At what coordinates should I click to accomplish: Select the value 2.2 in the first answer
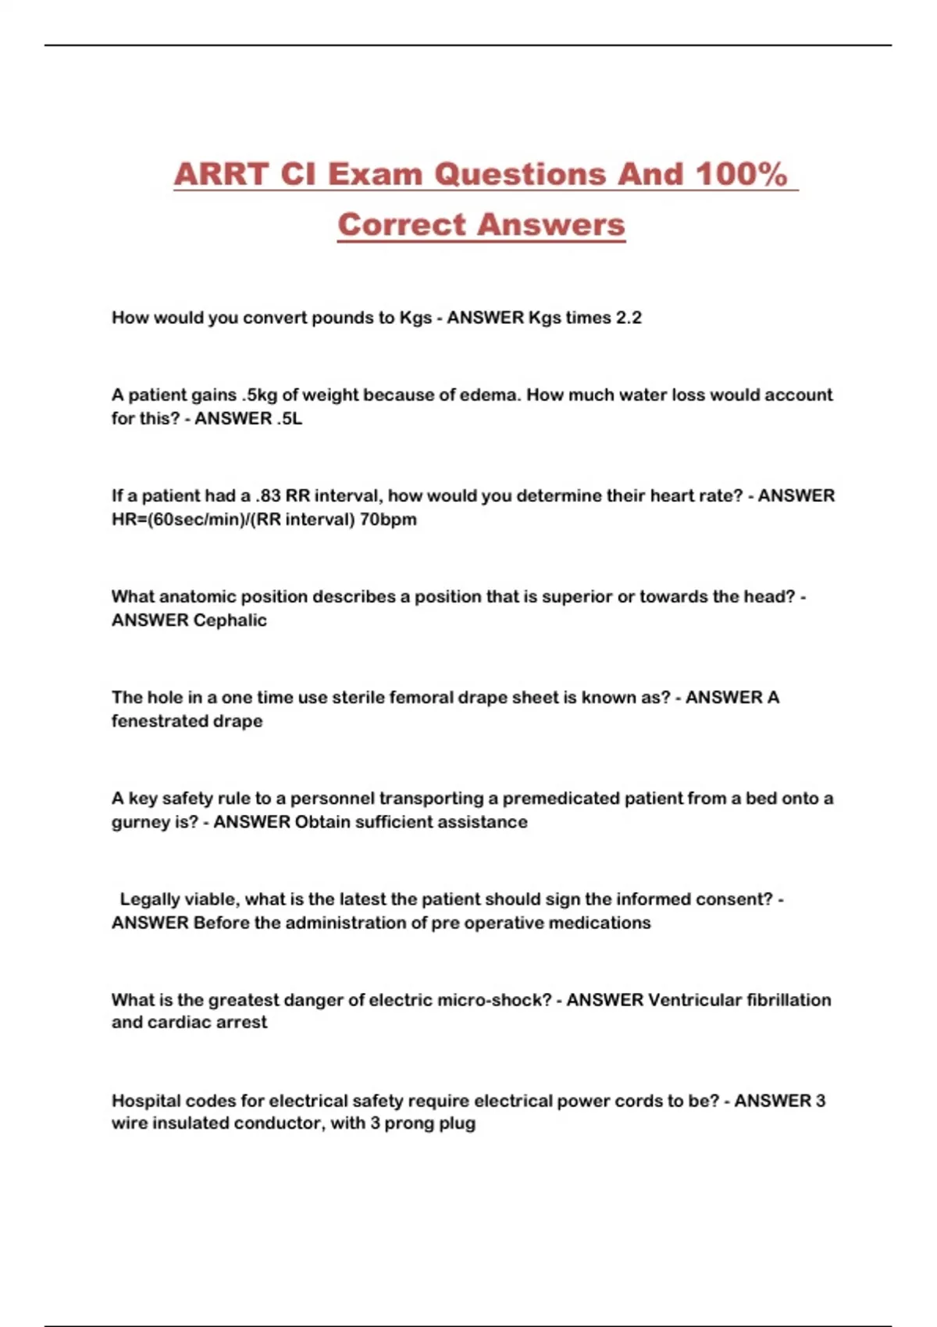pyautogui.click(x=629, y=318)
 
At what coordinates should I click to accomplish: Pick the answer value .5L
pyautogui.click(x=289, y=418)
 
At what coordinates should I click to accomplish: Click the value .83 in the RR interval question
pyautogui.click(x=268, y=496)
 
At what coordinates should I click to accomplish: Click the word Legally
pyautogui.click(x=149, y=899)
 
